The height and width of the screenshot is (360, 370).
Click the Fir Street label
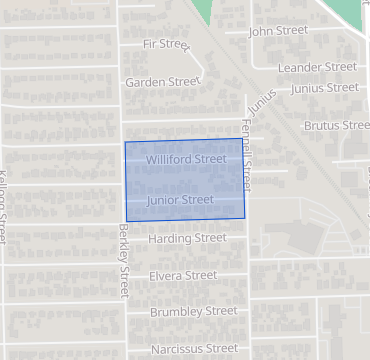166,44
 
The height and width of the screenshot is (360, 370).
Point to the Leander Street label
318,67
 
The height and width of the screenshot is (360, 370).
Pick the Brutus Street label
336,126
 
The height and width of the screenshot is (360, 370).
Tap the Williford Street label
186,159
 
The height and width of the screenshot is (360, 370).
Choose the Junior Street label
180,201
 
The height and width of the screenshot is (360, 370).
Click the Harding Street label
187,239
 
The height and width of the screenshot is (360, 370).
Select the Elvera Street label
182,276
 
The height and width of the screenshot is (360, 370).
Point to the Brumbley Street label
193,312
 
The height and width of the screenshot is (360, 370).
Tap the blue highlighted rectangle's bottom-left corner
125,220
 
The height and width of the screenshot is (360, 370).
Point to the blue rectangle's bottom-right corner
244,217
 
